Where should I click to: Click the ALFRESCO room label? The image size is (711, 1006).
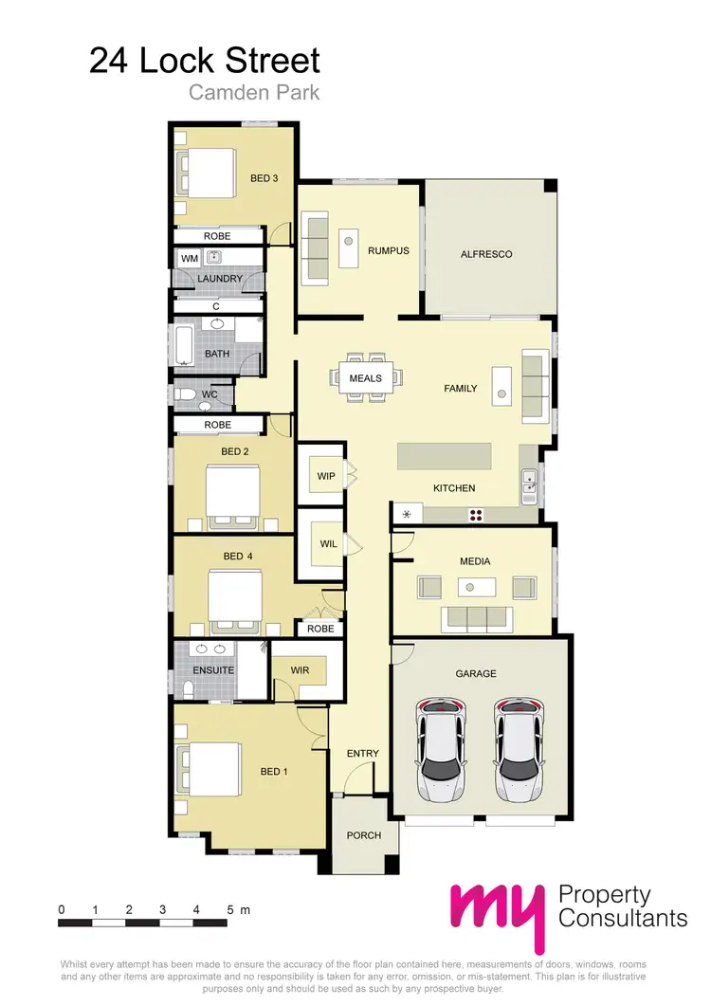[485, 254]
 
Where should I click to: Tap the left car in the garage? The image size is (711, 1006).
[442, 750]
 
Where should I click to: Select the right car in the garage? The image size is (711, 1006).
[517, 750]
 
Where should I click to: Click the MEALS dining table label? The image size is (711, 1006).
[365, 378]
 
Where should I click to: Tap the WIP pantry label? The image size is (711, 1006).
[327, 475]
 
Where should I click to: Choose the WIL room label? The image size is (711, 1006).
[327, 545]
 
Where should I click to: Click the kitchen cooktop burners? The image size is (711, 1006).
[476, 515]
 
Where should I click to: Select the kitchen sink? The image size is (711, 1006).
[529, 487]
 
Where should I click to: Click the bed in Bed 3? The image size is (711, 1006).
[207, 172]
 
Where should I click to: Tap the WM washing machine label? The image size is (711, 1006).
[189, 257]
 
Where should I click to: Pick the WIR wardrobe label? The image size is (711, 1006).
[300, 670]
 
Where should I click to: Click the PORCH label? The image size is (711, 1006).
[364, 835]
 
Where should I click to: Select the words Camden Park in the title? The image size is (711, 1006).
[253, 93]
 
